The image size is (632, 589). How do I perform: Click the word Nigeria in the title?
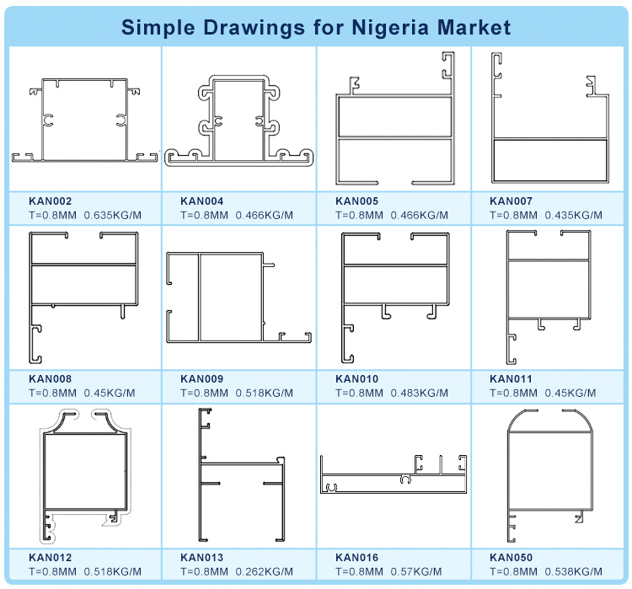point(390,28)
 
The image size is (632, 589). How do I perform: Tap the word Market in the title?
point(474,28)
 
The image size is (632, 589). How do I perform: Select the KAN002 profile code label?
point(50,201)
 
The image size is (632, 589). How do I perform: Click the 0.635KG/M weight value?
point(112,215)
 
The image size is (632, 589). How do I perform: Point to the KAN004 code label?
point(201,201)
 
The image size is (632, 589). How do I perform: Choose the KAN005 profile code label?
point(356,201)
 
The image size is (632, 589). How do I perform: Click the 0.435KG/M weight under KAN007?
point(574,215)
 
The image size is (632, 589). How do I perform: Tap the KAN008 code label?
point(50,378)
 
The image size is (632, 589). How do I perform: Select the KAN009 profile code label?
point(201,378)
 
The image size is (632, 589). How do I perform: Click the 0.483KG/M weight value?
point(419,393)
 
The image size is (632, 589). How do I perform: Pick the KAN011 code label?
point(511,378)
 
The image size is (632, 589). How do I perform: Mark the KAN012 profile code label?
point(50,557)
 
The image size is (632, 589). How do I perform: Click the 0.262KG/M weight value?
point(264,571)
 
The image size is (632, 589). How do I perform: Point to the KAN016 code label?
point(356,557)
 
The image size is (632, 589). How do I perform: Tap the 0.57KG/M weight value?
point(416,571)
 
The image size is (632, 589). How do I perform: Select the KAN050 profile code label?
point(511,557)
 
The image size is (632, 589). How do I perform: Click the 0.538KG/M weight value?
point(574,571)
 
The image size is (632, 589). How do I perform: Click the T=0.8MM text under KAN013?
point(204,571)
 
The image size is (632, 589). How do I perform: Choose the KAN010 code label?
point(356,378)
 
